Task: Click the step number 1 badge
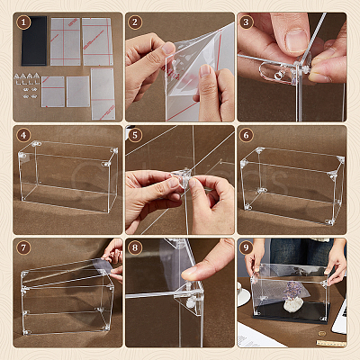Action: (23, 22)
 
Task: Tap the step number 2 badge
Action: (135, 22)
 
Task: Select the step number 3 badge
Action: (247, 22)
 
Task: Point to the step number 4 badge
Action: (23, 135)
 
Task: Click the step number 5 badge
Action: (135, 135)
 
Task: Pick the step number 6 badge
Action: (247, 135)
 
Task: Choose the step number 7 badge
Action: (23, 248)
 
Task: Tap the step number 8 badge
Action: (135, 248)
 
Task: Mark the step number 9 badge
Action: (247, 248)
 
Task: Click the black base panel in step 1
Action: (34, 40)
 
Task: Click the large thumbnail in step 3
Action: (296, 40)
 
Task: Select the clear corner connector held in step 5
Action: (182, 178)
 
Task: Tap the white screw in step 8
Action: (191, 302)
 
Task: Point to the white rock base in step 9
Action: (293, 306)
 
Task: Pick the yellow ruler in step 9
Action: (331, 343)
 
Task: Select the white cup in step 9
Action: (241, 294)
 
